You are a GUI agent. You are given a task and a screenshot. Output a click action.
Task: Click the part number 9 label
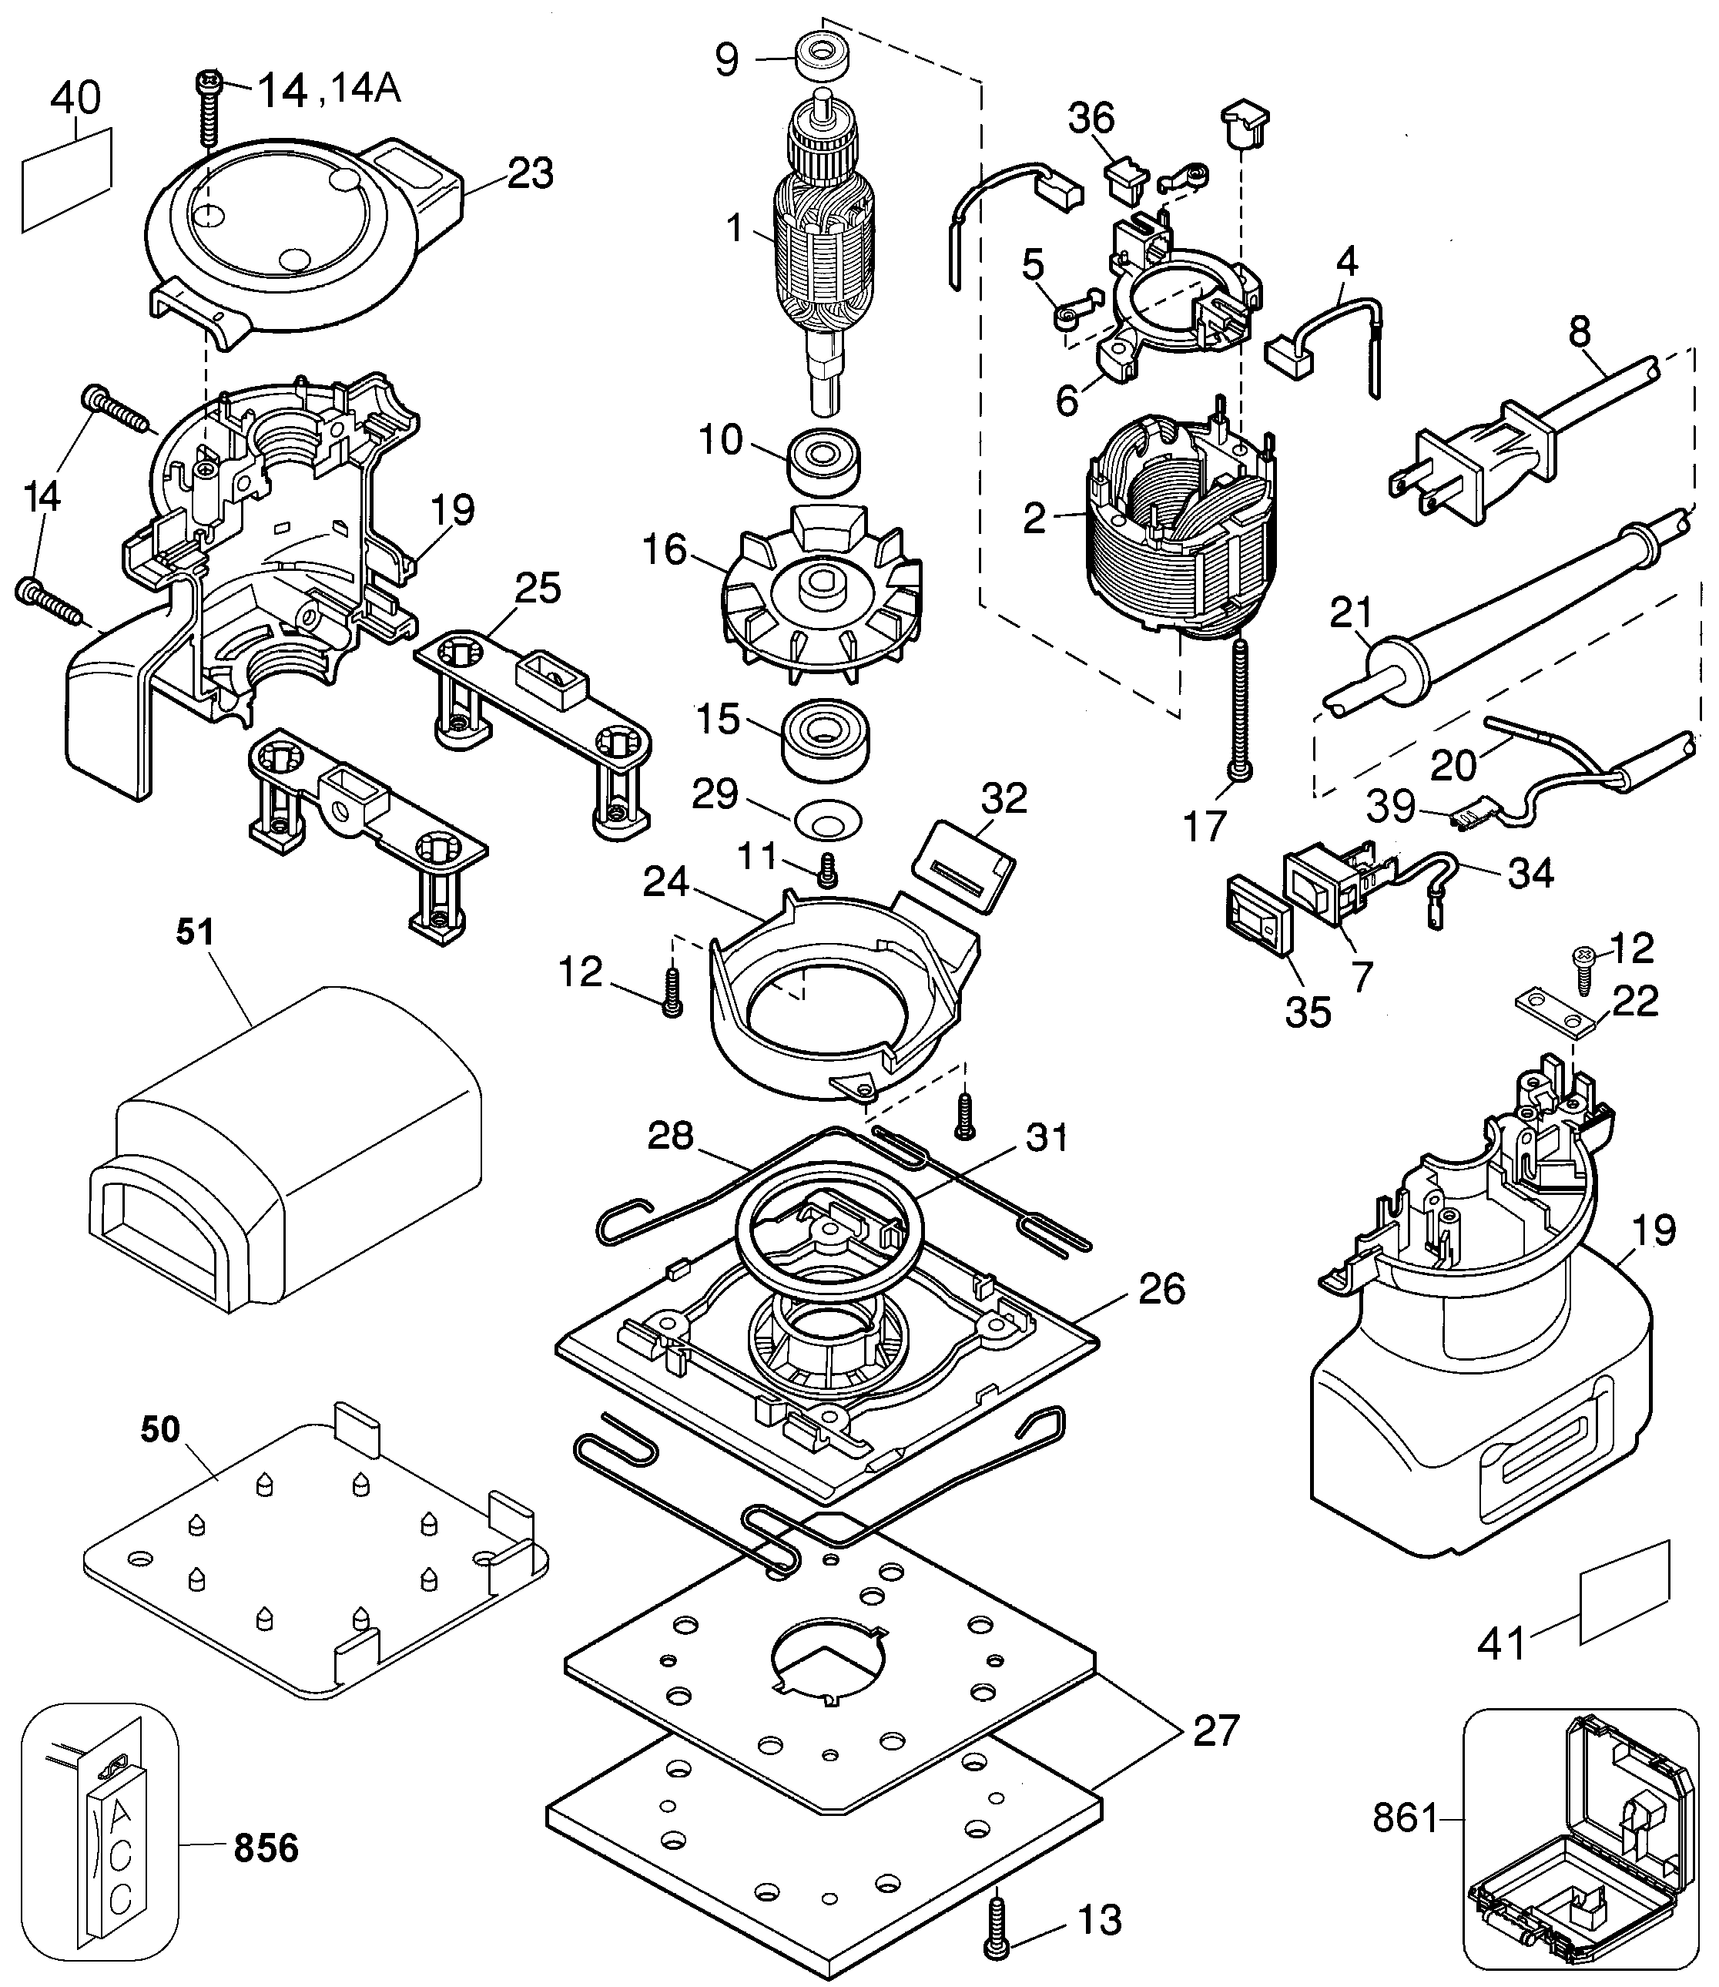[x=727, y=59]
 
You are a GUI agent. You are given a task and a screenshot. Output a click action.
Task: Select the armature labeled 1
[x=823, y=250]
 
